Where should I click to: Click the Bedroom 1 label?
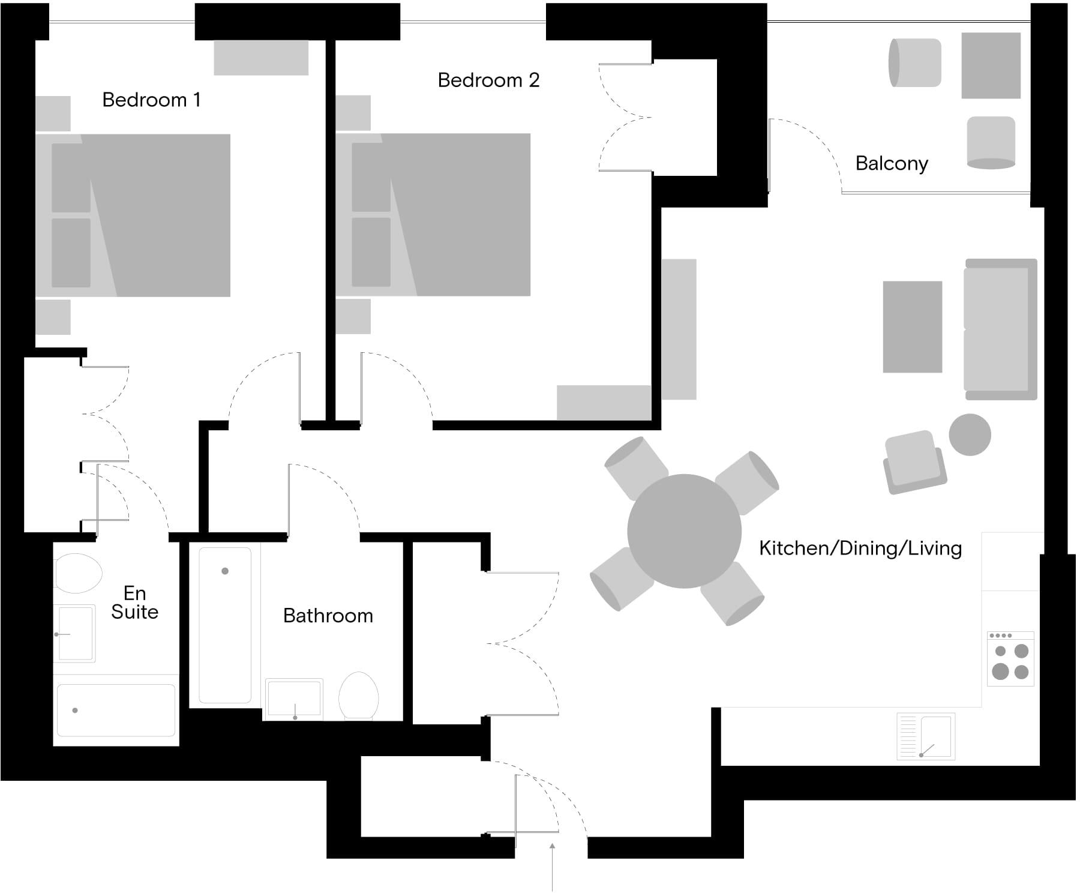pyautogui.click(x=151, y=100)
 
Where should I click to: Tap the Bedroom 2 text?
pyautogui.click(x=488, y=80)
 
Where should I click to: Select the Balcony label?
pyautogui.click(x=892, y=163)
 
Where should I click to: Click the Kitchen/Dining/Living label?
pyautogui.click(x=860, y=548)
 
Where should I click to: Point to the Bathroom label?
pyautogui.click(x=328, y=616)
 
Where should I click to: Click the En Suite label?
pyautogui.click(x=134, y=603)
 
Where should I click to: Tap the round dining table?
pyautogui.click(x=685, y=531)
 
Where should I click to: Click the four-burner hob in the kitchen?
pyautogui.click(x=1011, y=658)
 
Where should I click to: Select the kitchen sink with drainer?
pyautogui.click(x=926, y=736)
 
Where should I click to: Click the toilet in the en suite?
pyautogui.click(x=77, y=573)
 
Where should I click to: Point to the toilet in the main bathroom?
pyautogui.click(x=358, y=696)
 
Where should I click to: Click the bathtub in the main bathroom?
pyautogui.click(x=225, y=625)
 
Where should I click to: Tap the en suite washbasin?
pyautogui.click(x=74, y=634)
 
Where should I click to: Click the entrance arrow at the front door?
pyautogui.click(x=552, y=867)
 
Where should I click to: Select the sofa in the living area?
pyautogui.click(x=1001, y=329)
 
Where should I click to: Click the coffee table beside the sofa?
pyautogui.click(x=912, y=327)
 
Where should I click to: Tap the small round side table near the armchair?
pyautogui.click(x=970, y=435)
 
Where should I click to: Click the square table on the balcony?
pyautogui.click(x=991, y=65)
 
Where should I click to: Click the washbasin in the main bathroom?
pyautogui.click(x=295, y=699)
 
